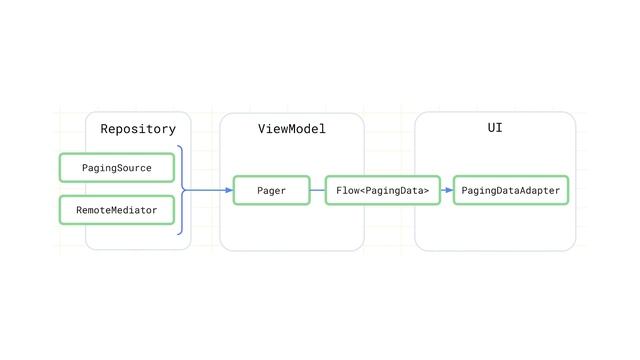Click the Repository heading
138,129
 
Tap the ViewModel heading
292,129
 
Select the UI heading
495,128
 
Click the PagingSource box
116,168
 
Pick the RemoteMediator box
116,210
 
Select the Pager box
271,190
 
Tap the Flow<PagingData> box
383,190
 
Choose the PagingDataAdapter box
510,190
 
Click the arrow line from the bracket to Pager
210,189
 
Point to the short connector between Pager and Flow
318,189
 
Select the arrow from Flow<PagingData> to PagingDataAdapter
445,189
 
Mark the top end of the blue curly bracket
177,146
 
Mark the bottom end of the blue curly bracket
177,233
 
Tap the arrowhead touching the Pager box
229,189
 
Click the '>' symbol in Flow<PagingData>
427,190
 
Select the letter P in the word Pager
259,190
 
